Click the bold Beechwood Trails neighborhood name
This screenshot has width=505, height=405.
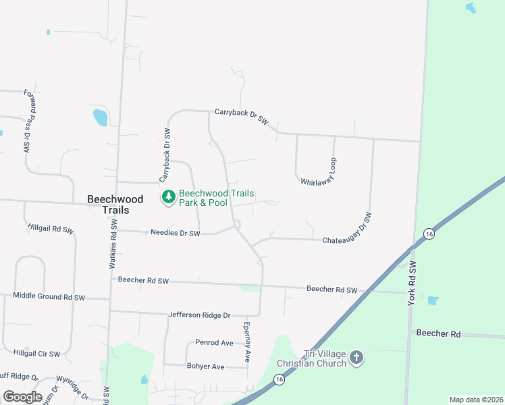click(105, 205)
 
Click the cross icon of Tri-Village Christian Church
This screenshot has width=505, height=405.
click(356, 357)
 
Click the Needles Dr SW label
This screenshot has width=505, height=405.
click(176, 233)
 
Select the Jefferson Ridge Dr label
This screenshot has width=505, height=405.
click(199, 315)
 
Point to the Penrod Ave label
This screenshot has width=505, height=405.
click(214, 343)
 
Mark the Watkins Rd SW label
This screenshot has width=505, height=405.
click(113, 247)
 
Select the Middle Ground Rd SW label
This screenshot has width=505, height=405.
click(49, 296)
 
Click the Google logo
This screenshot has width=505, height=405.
click(22, 397)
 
